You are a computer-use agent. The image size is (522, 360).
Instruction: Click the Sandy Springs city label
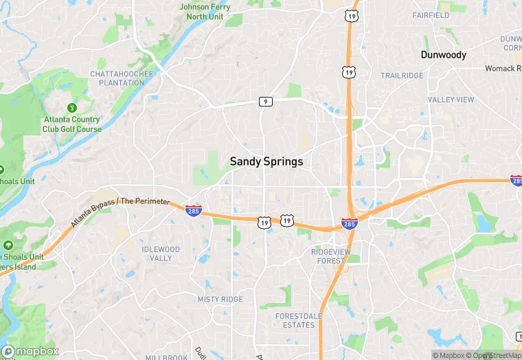tap(266, 161)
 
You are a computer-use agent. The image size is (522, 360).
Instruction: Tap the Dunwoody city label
tap(444, 55)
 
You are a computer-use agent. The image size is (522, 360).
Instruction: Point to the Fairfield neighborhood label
tap(431, 15)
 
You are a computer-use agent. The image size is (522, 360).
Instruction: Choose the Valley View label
tap(451, 100)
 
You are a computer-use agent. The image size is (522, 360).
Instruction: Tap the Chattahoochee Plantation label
tap(117, 78)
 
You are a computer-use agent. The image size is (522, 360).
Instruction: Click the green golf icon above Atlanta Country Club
tap(71, 108)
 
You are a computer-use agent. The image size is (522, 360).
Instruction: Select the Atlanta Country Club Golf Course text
tap(71, 124)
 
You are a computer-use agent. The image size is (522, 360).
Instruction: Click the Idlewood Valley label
tap(161, 254)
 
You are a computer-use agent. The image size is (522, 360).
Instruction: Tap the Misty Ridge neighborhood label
tap(220, 300)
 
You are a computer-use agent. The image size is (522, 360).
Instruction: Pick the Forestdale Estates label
tap(295, 320)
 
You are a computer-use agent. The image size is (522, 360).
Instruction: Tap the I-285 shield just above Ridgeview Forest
tap(349, 224)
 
